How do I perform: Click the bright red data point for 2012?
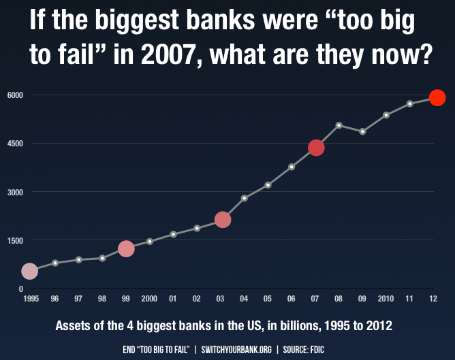coord(437,98)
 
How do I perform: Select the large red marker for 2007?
coord(316,148)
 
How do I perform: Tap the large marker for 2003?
coord(223,220)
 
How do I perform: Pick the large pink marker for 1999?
coord(126,248)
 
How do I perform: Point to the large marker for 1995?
coord(29,272)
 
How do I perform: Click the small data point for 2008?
coord(339,125)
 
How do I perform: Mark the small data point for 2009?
coord(362,131)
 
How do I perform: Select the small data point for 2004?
coord(245,198)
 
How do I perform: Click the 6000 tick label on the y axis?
coord(15,95)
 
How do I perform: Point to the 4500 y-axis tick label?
coord(15,144)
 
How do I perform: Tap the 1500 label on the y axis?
coord(15,240)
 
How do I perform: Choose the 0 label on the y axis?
coord(21,289)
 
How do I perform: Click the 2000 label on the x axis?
coord(149,299)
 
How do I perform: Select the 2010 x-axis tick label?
coord(386,299)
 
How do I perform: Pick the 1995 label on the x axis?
coord(31,299)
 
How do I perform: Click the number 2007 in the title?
coord(168,54)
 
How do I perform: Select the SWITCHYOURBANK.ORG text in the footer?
coord(236,350)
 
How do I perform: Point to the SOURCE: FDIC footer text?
coord(304,350)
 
